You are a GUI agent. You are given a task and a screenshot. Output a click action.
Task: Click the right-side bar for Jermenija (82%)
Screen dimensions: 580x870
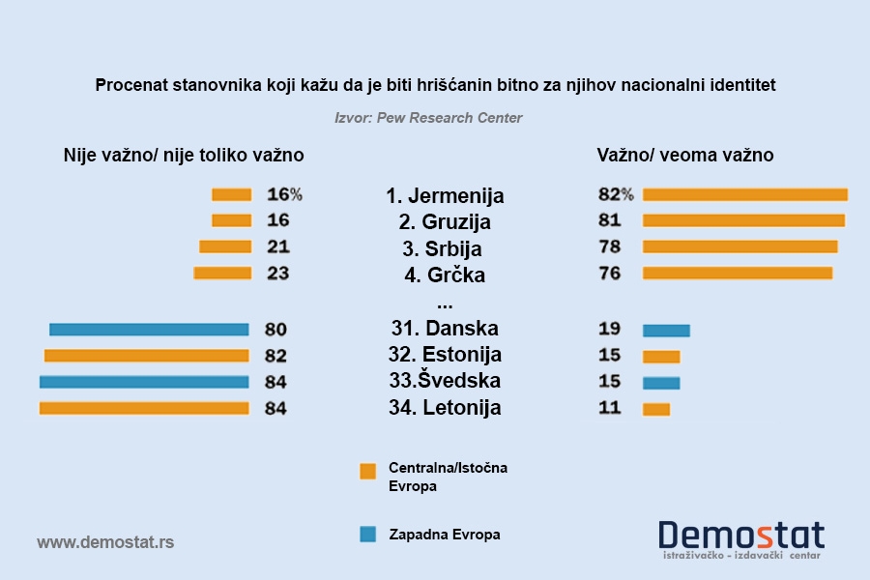click(744, 194)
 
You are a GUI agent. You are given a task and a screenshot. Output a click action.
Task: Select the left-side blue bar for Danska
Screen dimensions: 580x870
click(149, 329)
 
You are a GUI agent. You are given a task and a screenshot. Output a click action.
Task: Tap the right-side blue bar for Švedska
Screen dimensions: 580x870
click(661, 383)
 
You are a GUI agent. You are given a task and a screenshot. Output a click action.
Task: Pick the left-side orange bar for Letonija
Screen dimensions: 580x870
click(144, 409)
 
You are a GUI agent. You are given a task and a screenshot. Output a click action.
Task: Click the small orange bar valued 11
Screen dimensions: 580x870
click(655, 409)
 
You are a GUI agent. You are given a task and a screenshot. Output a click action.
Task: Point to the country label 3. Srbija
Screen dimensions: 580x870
click(445, 248)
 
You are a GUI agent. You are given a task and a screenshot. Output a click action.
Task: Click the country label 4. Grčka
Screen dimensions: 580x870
click(445, 275)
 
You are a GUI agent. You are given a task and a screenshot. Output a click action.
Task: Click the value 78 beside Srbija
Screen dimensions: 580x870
click(610, 246)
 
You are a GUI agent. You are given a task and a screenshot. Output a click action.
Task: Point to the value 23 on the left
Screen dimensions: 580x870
click(277, 274)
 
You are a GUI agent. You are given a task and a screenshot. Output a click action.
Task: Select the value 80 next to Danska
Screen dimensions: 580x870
click(275, 330)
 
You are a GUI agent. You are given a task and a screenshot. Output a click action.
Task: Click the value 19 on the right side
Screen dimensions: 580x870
click(610, 328)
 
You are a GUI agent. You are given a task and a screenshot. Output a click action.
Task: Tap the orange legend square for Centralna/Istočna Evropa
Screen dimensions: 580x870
click(367, 472)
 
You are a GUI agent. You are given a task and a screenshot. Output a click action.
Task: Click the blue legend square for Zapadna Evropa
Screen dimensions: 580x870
click(367, 534)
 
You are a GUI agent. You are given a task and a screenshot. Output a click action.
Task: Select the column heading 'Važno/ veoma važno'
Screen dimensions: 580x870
click(684, 155)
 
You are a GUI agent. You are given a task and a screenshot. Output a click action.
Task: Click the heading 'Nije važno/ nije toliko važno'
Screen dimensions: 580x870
click(184, 155)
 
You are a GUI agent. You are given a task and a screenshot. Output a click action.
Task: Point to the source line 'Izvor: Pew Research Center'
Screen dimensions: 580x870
click(428, 118)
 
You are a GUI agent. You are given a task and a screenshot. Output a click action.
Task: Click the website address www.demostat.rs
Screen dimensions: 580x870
click(105, 542)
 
